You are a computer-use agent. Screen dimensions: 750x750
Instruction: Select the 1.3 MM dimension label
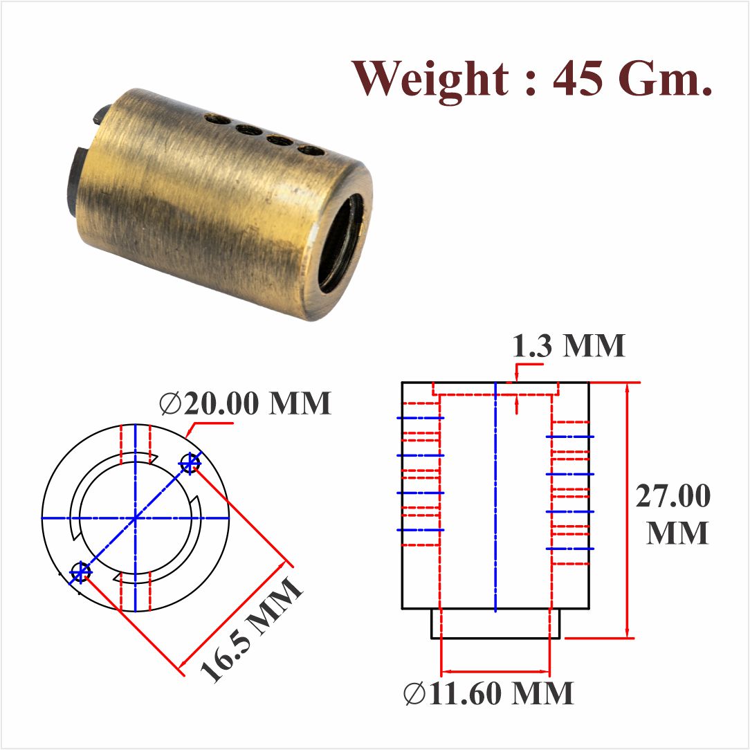click(569, 346)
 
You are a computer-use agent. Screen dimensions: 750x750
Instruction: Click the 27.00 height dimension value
click(673, 497)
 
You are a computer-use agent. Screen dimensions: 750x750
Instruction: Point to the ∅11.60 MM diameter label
click(489, 693)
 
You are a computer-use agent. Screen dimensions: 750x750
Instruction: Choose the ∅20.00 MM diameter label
click(246, 404)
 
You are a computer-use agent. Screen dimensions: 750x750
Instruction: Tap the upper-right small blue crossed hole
click(190, 463)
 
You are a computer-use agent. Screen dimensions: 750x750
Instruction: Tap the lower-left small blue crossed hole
click(81, 571)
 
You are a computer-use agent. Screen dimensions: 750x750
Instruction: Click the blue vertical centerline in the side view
click(495, 498)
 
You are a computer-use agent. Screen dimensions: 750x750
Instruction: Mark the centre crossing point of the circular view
click(136, 518)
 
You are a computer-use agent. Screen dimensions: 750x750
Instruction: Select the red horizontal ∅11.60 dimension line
click(495, 670)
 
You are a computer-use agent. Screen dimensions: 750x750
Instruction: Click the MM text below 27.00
click(677, 533)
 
